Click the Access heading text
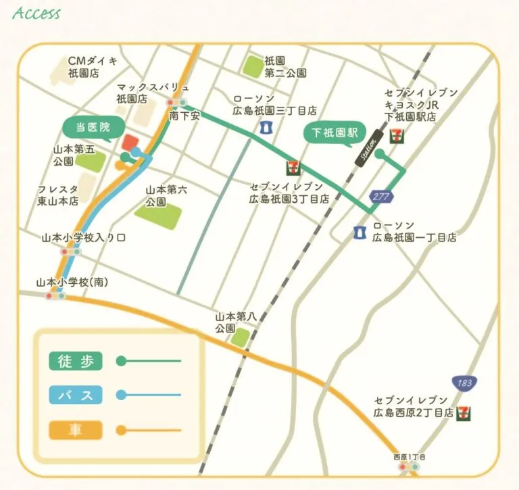pos(36,13)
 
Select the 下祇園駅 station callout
pos(333,133)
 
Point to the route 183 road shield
pos(463,383)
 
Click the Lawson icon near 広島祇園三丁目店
pos(265,126)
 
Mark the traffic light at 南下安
pos(177,103)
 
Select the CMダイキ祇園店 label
pos(93,66)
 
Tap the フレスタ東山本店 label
pos(58,195)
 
